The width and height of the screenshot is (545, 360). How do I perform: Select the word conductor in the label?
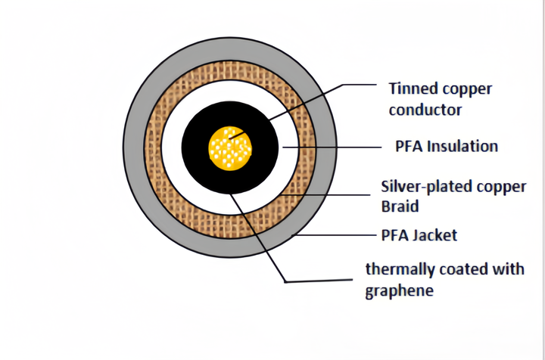click(x=425, y=110)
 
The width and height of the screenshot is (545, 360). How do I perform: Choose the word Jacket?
click(x=434, y=236)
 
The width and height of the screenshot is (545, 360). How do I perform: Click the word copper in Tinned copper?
click(x=468, y=88)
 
